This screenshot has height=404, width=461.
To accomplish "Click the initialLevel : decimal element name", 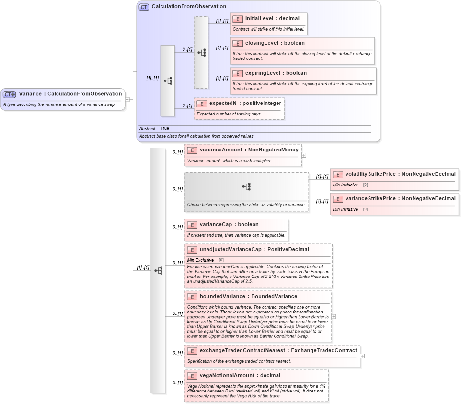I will click(x=272, y=19).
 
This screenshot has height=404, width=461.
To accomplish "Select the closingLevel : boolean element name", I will click(x=275, y=43).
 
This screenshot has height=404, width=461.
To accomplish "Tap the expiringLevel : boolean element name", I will click(x=276, y=73).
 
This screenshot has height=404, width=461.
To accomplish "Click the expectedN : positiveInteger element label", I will click(x=245, y=103).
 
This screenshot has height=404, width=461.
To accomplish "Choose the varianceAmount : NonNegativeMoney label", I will click(x=249, y=150).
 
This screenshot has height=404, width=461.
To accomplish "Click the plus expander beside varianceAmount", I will click(x=304, y=155).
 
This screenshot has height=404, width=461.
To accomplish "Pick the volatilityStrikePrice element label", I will click(x=400, y=174).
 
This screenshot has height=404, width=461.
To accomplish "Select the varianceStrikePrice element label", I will click(x=400, y=198).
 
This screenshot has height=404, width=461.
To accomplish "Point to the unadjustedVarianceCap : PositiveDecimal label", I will click(x=254, y=249).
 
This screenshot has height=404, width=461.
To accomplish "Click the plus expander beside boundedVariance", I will click(x=334, y=316).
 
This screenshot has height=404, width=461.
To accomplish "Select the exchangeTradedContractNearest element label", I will click(x=278, y=350).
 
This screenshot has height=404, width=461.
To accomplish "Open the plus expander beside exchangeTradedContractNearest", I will click(x=362, y=356).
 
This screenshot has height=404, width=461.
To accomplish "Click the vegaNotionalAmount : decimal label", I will click(x=240, y=375).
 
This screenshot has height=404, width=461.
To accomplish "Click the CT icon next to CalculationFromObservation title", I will click(x=144, y=7).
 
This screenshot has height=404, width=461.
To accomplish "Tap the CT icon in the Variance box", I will click(x=10, y=94).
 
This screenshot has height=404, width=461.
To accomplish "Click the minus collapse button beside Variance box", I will click(x=127, y=99).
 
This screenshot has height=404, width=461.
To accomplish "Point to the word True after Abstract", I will click(x=164, y=128).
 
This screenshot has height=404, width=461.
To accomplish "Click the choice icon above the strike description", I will click(x=246, y=186).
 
